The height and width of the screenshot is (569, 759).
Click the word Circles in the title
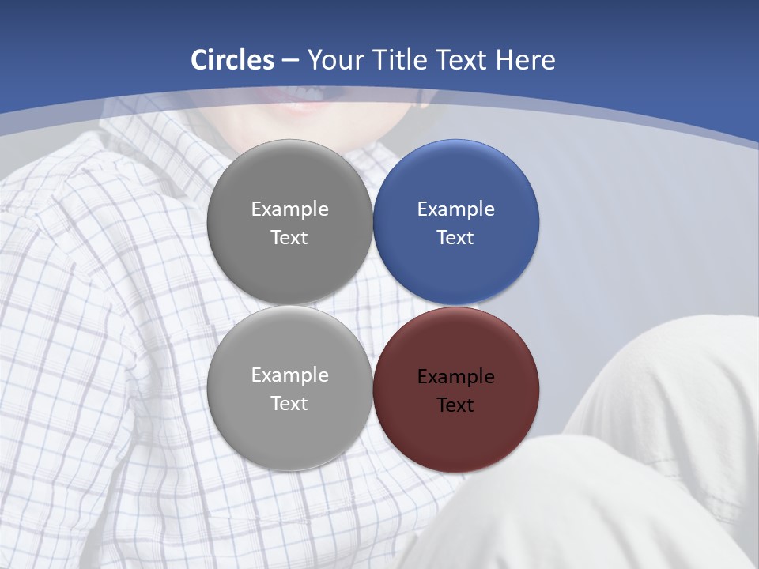[x=232, y=60]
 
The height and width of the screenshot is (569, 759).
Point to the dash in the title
[x=290, y=61]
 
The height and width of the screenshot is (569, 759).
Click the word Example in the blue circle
[x=455, y=209]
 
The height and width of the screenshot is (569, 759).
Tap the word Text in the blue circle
[x=455, y=238]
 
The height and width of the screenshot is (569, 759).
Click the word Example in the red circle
[x=455, y=377]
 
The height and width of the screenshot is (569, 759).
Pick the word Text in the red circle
[x=455, y=405]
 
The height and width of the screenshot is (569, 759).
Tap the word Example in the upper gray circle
[x=289, y=209]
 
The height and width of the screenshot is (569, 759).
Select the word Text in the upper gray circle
[x=289, y=238]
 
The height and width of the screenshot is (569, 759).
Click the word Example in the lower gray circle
[x=289, y=375]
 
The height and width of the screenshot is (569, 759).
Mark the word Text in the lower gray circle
[x=289, y=404]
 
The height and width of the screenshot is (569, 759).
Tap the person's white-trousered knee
[x=672, y=371]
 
